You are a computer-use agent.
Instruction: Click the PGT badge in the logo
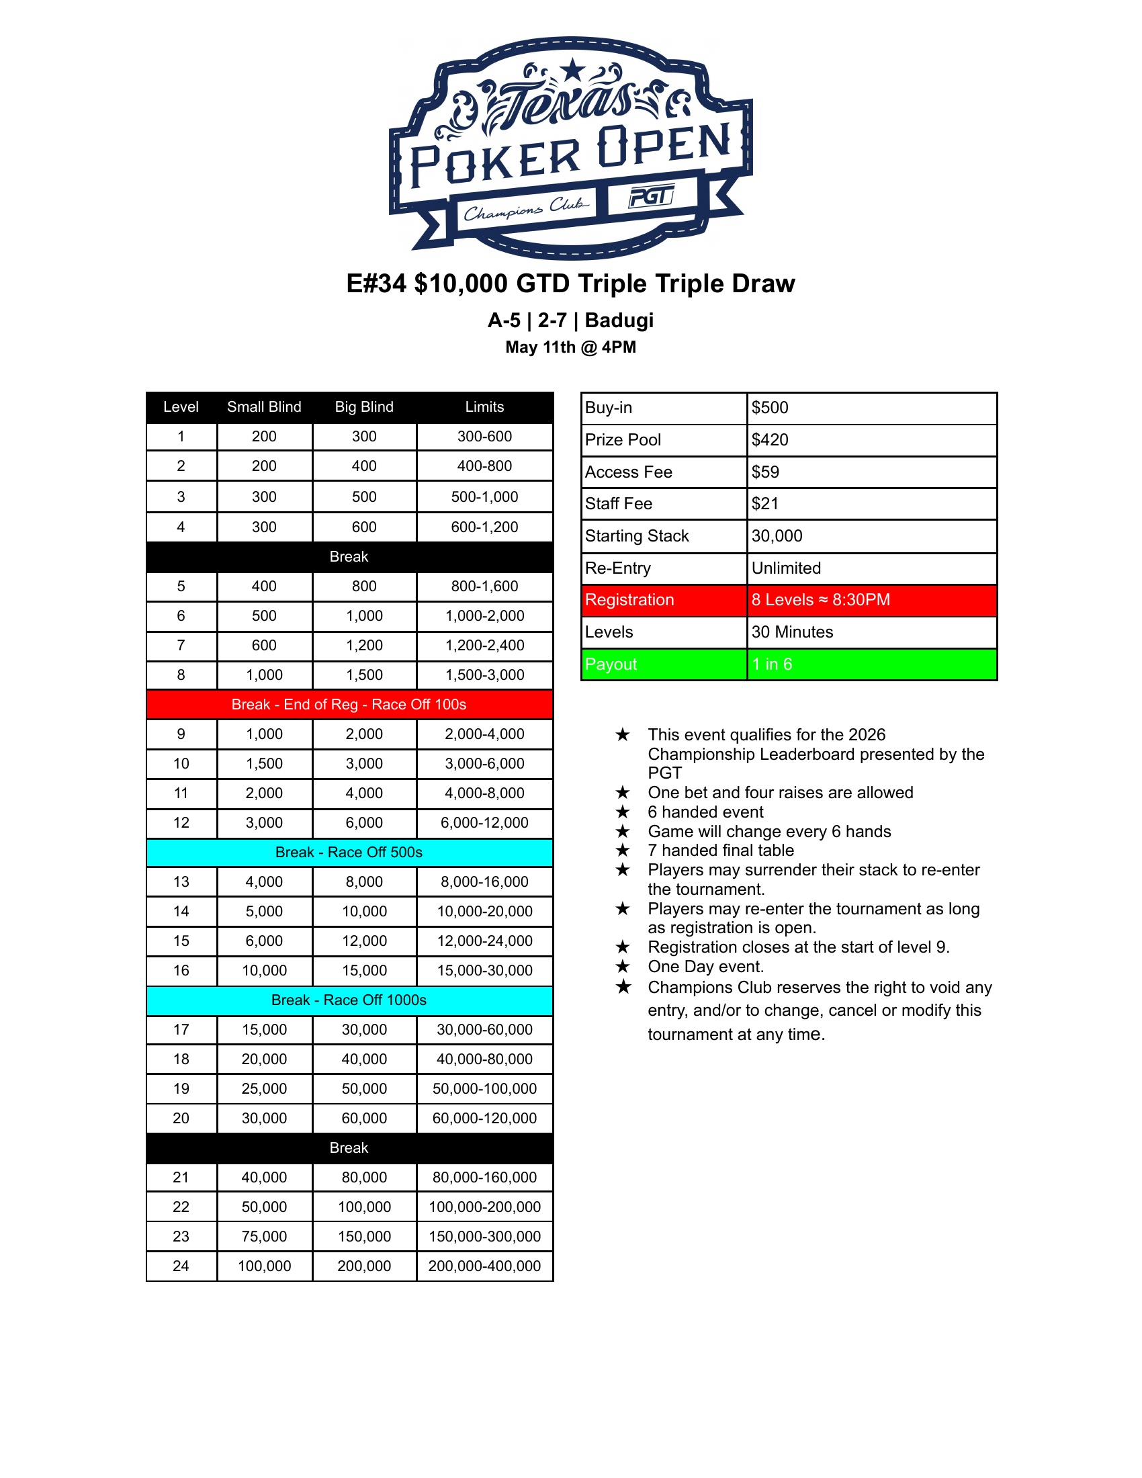click(x=651, y=197)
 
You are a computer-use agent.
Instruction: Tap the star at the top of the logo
click(x=573, y=69)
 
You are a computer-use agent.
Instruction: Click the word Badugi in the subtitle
click(x=619, y=320)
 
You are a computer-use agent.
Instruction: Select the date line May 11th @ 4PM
click(x=570, y=347)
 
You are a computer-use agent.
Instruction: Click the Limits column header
click(x=484, y=406)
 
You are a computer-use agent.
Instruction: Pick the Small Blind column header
click(x=264, y=406)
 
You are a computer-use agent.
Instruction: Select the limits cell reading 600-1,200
click(x=484, y=527)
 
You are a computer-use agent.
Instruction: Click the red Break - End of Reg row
click(x=349, y=705)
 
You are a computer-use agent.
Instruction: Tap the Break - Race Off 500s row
click(x=349, y=853)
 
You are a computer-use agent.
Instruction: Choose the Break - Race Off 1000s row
click(x=349, y=1000)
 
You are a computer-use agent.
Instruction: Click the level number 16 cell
click(x=181, y=971)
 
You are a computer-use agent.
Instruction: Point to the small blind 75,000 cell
click(x=264, y=1236)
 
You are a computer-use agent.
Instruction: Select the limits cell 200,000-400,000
click(x=484, y=1266)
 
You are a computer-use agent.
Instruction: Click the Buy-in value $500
click(x=770, y=407)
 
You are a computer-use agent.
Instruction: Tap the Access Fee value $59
click(x=765, y=472)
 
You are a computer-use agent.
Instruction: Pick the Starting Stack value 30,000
click(x=777, y=536)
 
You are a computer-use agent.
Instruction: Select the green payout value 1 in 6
click(x=772, y=664)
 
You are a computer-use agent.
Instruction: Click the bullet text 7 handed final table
click(x=721, y=851)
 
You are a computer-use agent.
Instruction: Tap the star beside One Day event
click(x=623, y=966)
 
